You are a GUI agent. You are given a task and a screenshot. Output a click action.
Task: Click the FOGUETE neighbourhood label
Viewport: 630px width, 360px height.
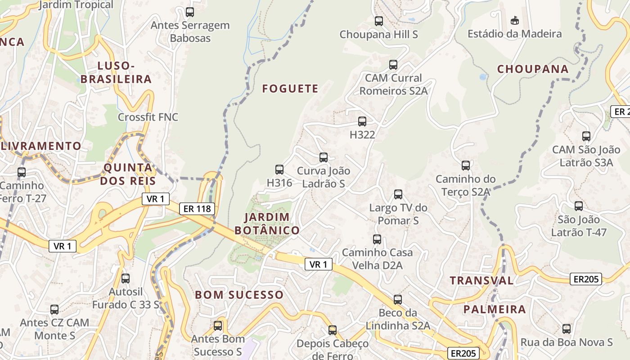pyautogui.click(x=290, y=89)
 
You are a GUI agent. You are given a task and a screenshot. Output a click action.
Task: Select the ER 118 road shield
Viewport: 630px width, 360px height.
pyautogui.click(x=197, y=209)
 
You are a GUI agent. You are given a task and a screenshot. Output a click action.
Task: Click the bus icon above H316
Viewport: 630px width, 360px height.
pyautogui.click(x=279, y=170)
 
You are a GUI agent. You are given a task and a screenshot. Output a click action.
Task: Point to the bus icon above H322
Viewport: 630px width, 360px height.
pyautogui.click(x=362, y=121)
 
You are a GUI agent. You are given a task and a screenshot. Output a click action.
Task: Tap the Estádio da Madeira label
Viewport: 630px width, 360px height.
pyautogui.click(x=514, y=34)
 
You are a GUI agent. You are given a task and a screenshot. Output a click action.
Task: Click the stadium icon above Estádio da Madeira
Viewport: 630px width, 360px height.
pyautogui.click(x=515, y=20)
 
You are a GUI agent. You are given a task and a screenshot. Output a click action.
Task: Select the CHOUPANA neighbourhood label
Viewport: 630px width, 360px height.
pyautogui.click(x=533, y=69)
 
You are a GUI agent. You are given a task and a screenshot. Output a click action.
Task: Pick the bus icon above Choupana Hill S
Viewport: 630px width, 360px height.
pyautogui.click(x=379, y=21)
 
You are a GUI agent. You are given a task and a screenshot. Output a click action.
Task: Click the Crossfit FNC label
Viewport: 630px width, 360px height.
pyautogui.click(x=148, y=117)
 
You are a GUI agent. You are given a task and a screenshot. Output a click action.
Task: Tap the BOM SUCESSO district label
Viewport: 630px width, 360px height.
pyautogui.click(x=239, y=295)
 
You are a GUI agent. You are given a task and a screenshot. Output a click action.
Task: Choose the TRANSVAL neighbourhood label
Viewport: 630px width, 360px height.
pyautogui.click(x=481, y=281)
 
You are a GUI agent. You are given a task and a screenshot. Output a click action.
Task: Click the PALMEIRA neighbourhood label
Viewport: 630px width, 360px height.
pyautogui.click(x=495, y=310)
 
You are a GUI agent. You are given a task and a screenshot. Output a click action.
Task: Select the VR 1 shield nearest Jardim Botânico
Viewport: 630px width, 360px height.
pyautogui.click(x=319, y=265)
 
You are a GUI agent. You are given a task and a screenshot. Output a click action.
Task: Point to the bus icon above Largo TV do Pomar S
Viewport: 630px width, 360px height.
pyautogui.click(x=398, y=194)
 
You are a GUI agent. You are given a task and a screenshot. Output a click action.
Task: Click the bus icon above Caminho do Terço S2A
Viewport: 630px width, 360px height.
pyautogui.click(x=466, y=166)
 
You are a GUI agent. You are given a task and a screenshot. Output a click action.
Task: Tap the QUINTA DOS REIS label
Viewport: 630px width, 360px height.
pyautogui.click(x=128, y=174)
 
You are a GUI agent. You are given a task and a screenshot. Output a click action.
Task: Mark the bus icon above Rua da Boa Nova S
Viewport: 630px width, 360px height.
pyautogui.click(x=567, y=329)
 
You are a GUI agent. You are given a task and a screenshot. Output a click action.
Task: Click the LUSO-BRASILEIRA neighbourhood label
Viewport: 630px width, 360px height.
pyautogui.click(x=116, y=72)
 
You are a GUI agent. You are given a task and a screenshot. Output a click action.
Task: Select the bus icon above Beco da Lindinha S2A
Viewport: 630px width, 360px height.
pyautogui.click(x=398, y=299)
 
